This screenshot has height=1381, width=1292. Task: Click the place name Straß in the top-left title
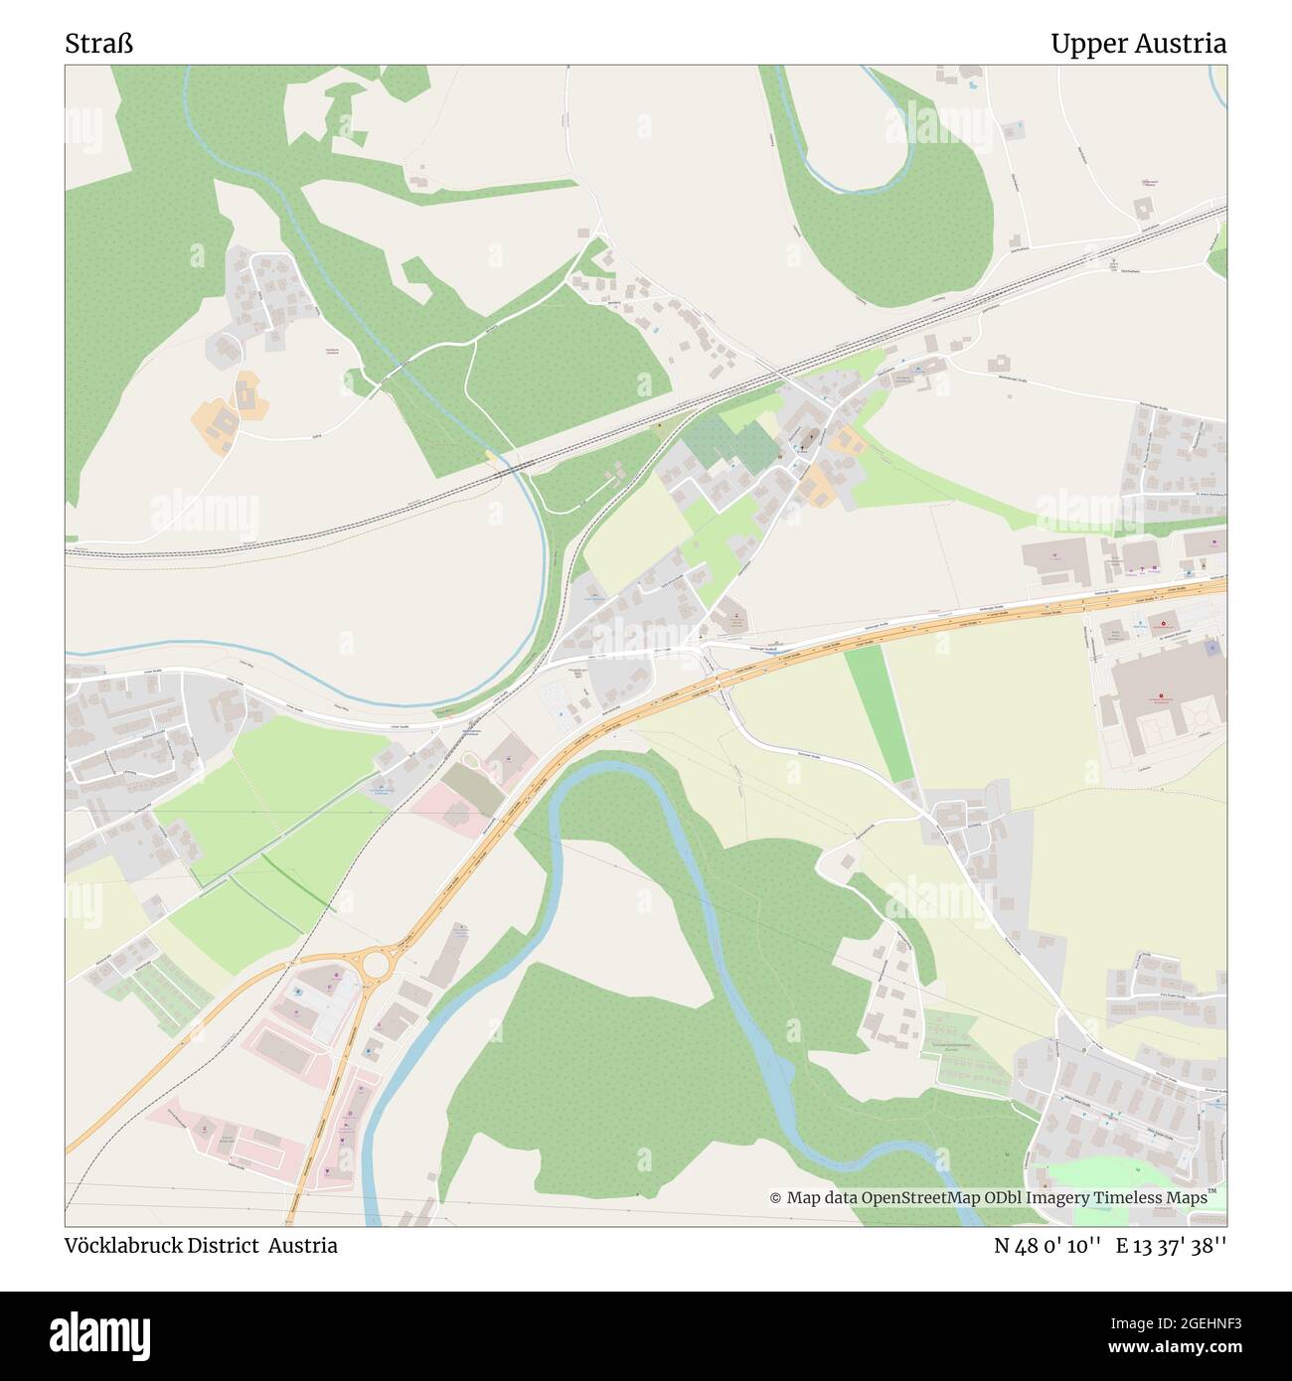[x=99, y=45]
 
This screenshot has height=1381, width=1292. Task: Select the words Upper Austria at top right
[x=1138, y=45]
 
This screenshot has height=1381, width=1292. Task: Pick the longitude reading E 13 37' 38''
[x=1171, y=1246]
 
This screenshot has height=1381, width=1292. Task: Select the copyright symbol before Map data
[x=776, y=1198]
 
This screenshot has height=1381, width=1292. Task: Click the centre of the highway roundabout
[x=379, y=962]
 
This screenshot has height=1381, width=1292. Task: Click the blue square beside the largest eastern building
[x=1211, y=648]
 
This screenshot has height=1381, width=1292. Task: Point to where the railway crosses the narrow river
[x=516, y=465]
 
